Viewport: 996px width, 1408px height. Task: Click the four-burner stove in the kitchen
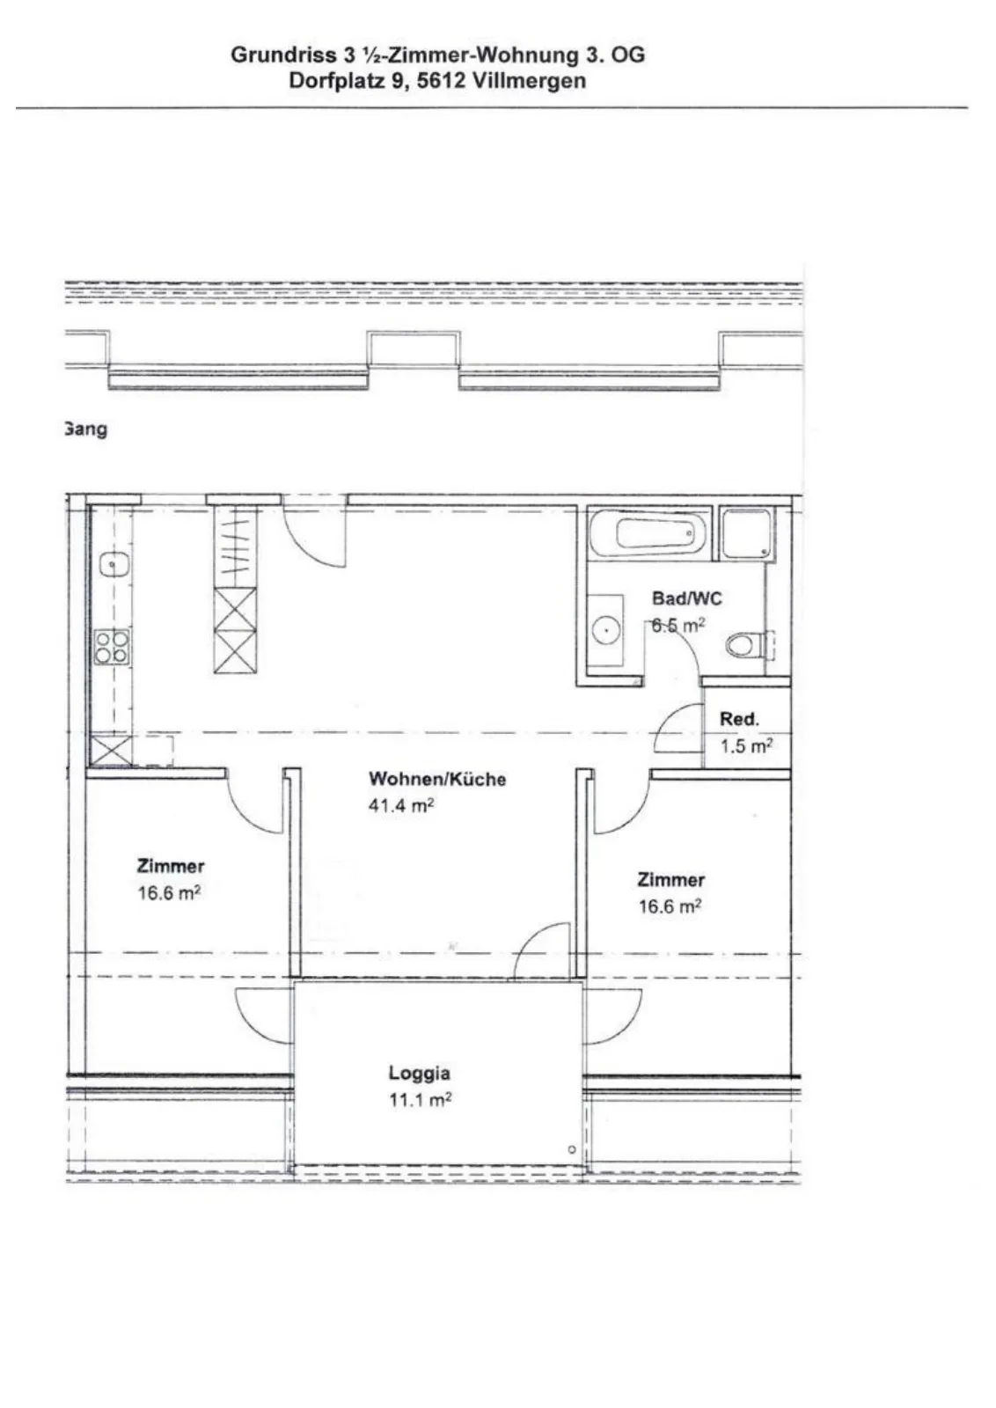tap(112, 648)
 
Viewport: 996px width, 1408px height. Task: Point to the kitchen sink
tap(114, 564)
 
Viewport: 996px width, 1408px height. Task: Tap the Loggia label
tap(419, 1073)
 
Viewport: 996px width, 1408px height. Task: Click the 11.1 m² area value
tap(421, 1100)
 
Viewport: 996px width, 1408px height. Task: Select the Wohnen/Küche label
tap(437, 779)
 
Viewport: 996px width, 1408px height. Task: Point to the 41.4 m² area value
tap(401, 805)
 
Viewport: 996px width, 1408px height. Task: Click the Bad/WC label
tap(687, 598)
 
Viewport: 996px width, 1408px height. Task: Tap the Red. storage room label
tap(739, 719)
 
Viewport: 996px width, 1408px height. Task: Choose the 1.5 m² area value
tap(746, 746)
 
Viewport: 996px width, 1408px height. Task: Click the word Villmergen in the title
tap(529, 81)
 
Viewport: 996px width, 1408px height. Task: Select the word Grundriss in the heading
tap(284, 55)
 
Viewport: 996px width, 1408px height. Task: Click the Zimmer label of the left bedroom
tap(171, 866)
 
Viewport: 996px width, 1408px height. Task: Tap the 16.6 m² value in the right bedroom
tap(670, 906)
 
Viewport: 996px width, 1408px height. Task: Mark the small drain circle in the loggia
tap(572, 1149)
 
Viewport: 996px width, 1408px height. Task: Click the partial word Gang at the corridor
tap(86, 430)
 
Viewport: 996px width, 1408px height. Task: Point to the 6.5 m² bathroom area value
tap(678, 626)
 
